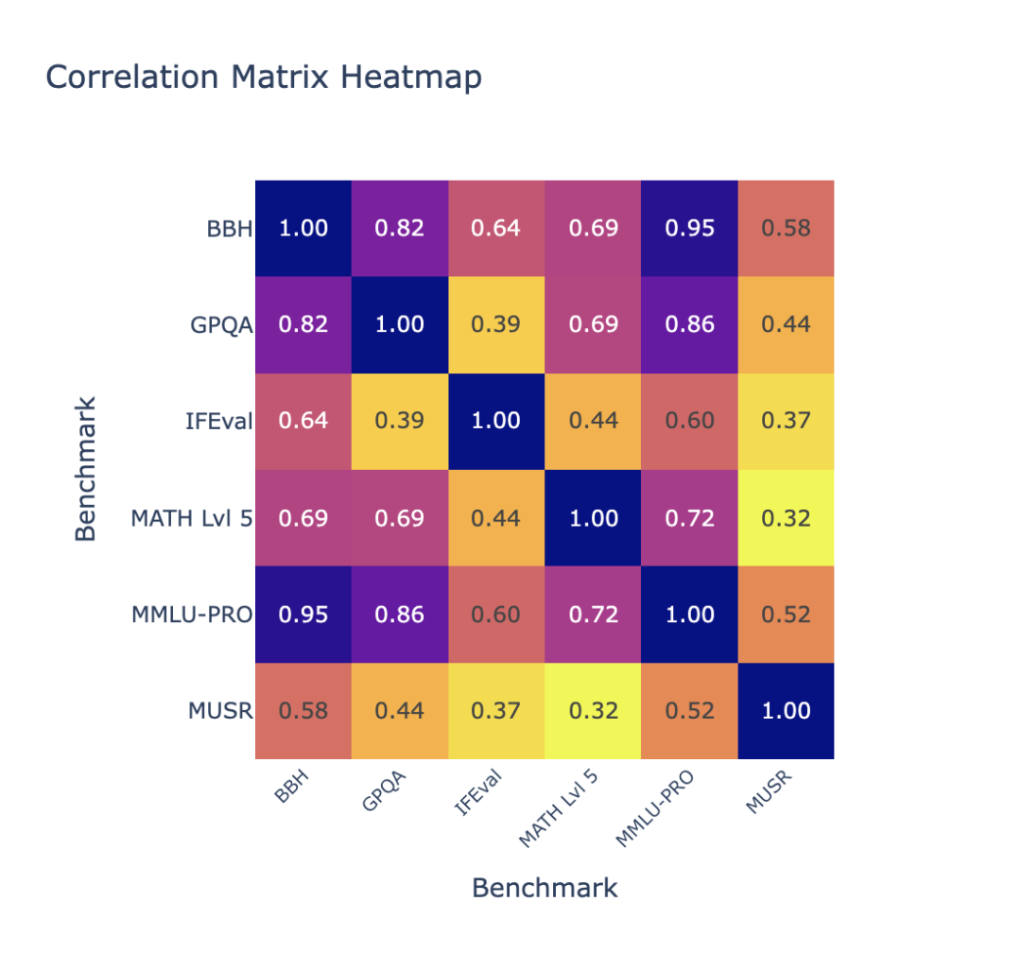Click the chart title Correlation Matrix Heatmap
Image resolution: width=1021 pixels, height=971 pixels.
coord(264,77)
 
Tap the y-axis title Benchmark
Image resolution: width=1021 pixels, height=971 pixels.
coord(86,469)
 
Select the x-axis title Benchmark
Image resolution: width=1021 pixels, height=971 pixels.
coord(545,888)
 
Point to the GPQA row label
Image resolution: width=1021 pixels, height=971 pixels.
coord(219,324)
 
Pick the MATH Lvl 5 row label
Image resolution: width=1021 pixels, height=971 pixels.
coord(192,517)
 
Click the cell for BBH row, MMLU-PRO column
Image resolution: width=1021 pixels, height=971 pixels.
coord(690,228)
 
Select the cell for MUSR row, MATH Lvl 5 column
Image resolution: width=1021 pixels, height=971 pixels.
coord(594,710)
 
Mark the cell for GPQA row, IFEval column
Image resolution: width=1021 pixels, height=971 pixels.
coord(497,324)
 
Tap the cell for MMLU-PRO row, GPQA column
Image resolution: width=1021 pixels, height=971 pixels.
coord(400,614)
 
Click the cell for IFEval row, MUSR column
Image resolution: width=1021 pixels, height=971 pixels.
coord(787,421)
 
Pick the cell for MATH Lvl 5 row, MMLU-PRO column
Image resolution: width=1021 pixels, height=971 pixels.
coord(690,517)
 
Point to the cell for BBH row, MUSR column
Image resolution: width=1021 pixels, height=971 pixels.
coord(787,228)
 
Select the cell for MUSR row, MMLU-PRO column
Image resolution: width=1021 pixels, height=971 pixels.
coord(690,710)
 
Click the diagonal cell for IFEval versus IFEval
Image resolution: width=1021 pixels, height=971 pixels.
coord(497,421)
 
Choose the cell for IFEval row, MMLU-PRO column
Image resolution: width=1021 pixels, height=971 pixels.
coord(690,421)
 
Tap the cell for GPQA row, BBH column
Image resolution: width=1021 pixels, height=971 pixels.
coord(303,324)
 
